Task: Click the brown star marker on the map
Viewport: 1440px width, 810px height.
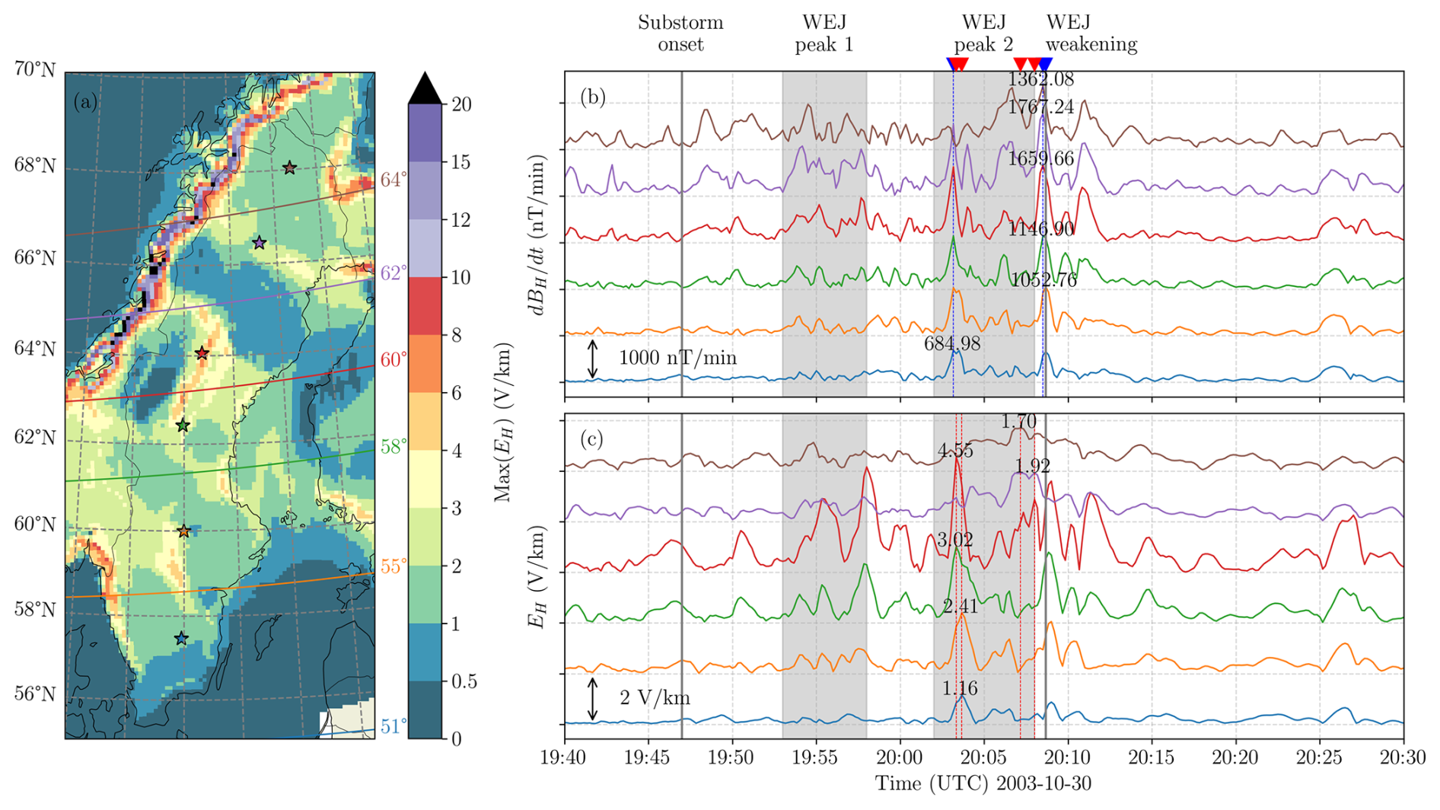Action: (x=289, y=167)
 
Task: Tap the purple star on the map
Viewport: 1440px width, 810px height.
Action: (x=260, y=243)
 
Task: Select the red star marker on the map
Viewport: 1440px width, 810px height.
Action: (x=202, y=353)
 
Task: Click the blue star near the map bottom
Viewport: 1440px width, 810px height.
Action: (x=181, y=639)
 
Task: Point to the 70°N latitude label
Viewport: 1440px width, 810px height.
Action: (x=35, y=69)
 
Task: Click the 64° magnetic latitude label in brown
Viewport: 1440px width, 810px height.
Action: (x=393, y=180)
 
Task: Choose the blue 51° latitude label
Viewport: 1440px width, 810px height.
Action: (x=393, y=727)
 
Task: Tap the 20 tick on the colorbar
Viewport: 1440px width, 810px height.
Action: (x=461, y=105)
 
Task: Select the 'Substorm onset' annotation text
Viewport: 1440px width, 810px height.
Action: (x=680, y=33)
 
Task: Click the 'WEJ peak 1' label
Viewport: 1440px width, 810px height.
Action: (x=824, y=33)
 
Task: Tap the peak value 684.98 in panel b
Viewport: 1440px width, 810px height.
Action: (x=952, y=344)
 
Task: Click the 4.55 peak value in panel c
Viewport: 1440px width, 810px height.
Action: (x=955, y=451)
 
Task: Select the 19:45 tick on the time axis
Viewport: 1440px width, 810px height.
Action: (x=648, y=757)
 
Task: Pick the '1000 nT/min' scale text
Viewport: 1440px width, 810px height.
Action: (x=677, y=358)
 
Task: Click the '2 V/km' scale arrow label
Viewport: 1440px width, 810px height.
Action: (x=655, y=698)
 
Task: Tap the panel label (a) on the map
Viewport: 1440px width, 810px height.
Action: (x=86, y=102)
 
